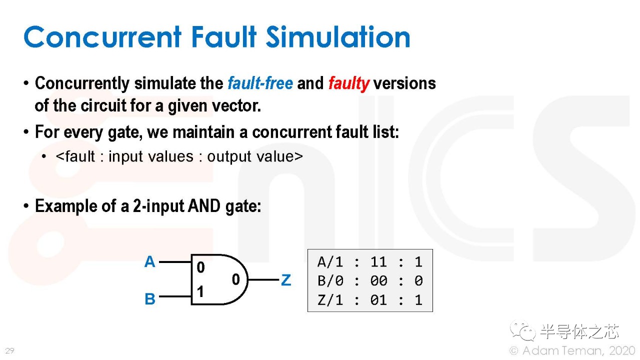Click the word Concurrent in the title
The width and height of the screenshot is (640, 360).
102,37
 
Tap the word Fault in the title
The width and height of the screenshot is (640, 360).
224,36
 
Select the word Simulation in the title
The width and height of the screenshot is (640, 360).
338,36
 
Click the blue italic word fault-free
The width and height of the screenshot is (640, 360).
260,83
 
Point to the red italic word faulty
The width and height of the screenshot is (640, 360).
349,84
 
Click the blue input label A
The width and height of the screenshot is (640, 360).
149,261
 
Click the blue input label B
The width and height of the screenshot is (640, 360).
150,299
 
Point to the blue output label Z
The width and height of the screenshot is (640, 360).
286,280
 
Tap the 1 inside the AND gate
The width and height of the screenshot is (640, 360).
200,291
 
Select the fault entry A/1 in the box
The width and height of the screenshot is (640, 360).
330,261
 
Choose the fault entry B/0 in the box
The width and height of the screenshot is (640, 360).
330,281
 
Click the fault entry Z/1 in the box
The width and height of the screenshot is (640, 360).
330,300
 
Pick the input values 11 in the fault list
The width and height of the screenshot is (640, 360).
379,261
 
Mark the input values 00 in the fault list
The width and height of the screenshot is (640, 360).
379,281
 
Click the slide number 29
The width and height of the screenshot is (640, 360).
9,350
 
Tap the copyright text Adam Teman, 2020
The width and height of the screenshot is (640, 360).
578,350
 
